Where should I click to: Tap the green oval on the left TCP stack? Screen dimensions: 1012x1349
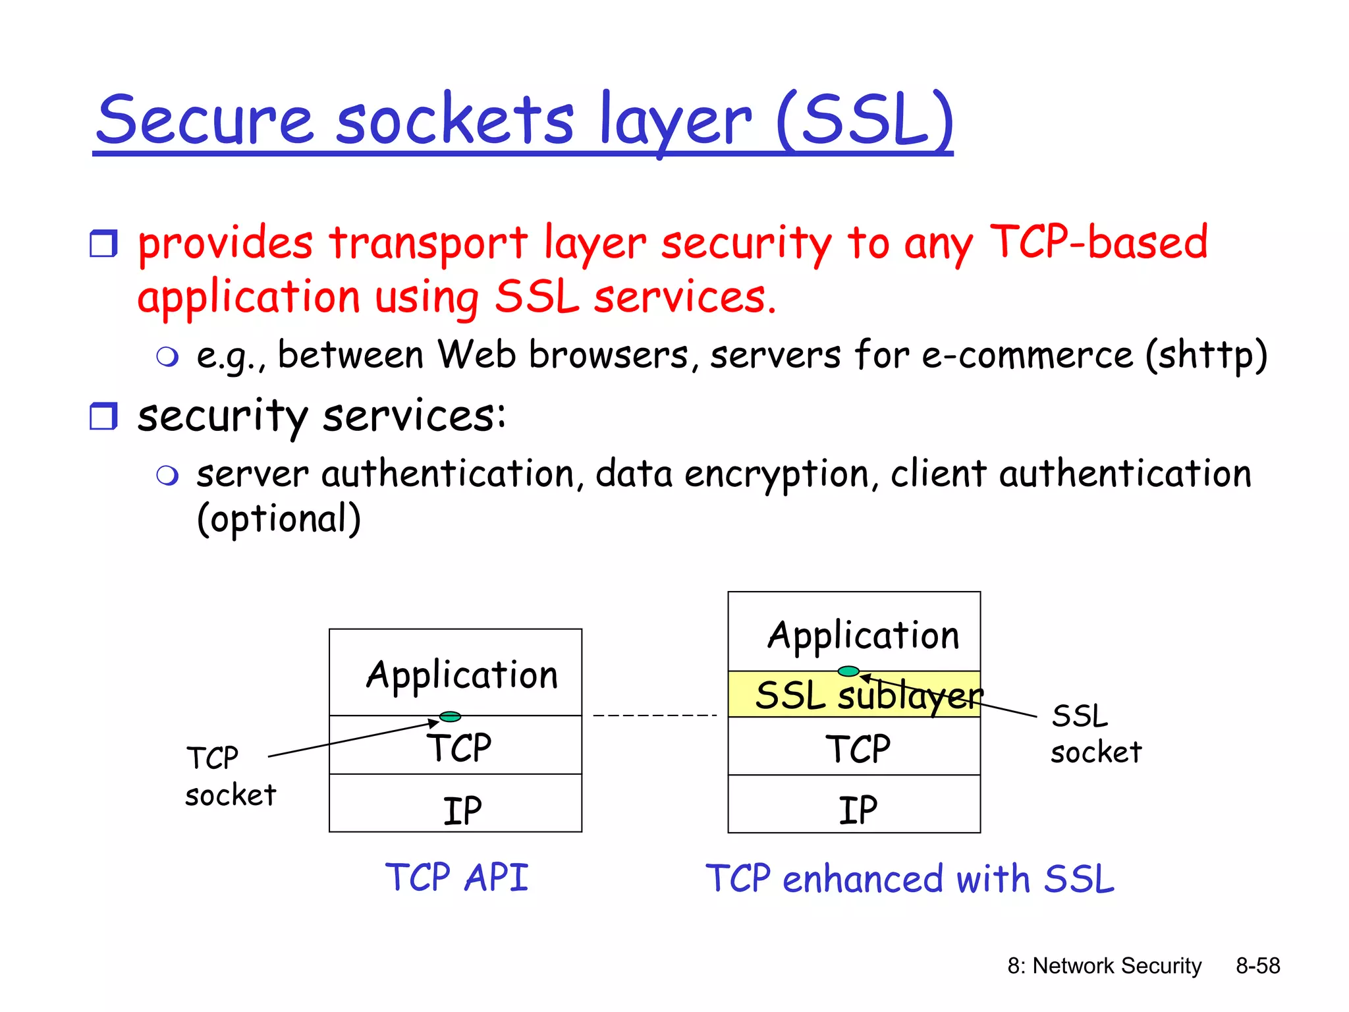pos(450,716)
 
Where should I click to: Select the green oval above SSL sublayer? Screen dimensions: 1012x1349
pos(848,671)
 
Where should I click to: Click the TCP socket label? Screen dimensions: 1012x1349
pos(230,776)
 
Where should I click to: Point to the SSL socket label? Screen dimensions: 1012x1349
pos(1095,734)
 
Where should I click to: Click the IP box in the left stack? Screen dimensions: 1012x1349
pos(455,803)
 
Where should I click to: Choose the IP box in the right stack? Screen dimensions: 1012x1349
pos(854,804)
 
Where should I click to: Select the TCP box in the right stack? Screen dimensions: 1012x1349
pos(854,747)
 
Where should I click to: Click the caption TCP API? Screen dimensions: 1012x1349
pos(456,878)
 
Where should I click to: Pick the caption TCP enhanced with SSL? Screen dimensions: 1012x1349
pos(910,879)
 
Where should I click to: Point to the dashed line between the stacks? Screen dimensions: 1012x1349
pos(655,715)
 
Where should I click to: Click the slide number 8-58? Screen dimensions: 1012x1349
pos(1257,966)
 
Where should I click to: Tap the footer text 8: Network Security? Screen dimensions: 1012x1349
pos(1104,966)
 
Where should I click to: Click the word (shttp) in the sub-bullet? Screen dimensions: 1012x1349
pos(1206,356)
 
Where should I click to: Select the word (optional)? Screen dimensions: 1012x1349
pos(279,519)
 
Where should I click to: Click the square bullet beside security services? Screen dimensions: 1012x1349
pos(103,416)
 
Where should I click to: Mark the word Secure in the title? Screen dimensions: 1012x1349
pos(204,120)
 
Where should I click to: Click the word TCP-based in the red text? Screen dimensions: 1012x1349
pos(1099,242)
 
